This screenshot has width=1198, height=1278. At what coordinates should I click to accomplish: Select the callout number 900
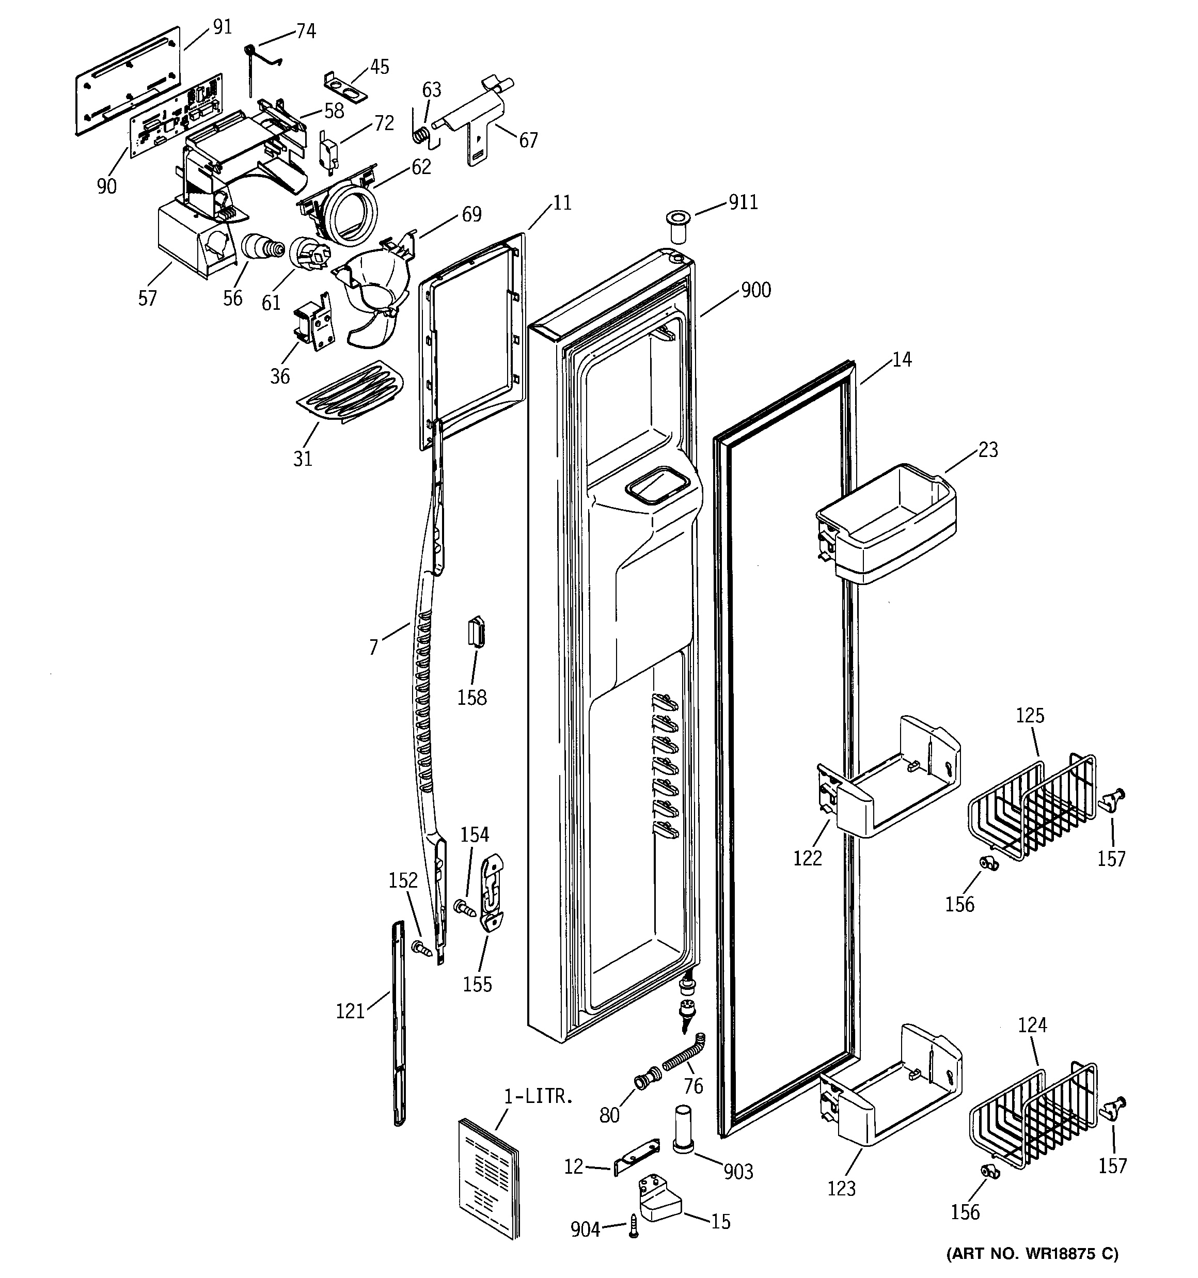pyautogui.click(x=755, y=291)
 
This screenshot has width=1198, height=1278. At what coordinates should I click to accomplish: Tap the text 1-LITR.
pyautogui.click(x=538, y=1097)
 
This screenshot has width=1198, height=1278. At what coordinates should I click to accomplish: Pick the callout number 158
pyautogui.click(x=472, y=698)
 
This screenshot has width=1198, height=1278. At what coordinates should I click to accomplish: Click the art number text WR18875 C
pyautogui.click(x=1033, y=1254)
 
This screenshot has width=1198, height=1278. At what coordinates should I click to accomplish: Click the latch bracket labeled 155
pyautogui.click(x=492, y=892)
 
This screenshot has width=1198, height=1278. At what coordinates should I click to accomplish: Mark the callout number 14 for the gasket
pyautogui.click(x=902, y=360)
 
